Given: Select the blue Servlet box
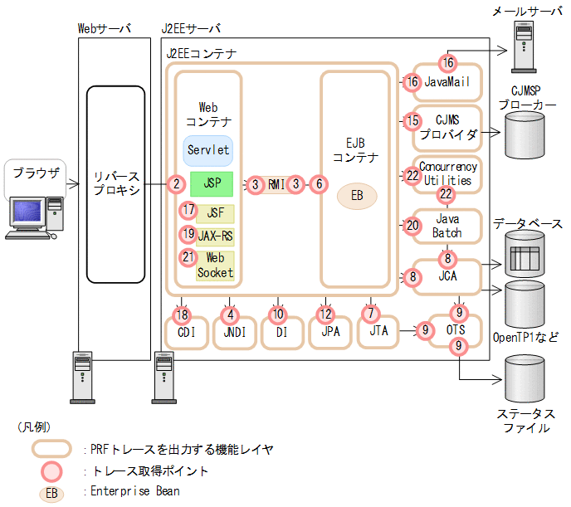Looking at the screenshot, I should coord(208,151).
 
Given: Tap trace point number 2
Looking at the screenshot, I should coord(175,184).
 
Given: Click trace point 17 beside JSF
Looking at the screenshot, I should coord(188,211).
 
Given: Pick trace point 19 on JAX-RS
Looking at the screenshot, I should coord(188,235).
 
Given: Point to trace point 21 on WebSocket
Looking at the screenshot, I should coord(188,257).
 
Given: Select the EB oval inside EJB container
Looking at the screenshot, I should coord(356,196).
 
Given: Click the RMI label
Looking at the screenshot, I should coord(276,184).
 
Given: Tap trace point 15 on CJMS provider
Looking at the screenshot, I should coord(412,121).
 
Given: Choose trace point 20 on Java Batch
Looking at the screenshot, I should coord(412,224).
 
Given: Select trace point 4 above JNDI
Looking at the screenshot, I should coord(232,314).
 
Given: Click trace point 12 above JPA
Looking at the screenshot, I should coord(325,314).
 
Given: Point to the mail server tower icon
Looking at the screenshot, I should coord(525,48).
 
